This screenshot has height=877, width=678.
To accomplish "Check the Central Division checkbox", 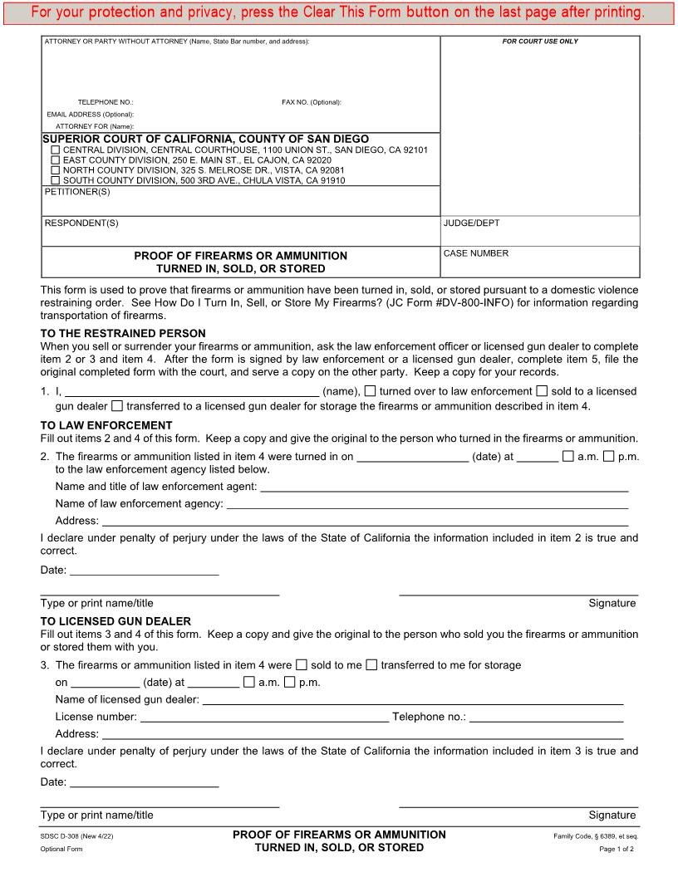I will [56, 150].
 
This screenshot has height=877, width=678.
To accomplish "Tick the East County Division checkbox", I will [56, 160].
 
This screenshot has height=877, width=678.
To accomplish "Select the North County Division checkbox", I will [56, 170].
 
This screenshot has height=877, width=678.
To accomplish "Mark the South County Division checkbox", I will [56, 180].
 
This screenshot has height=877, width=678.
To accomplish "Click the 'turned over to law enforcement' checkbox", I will [371, 391].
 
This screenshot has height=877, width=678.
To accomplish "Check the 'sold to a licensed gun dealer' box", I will [542, 391].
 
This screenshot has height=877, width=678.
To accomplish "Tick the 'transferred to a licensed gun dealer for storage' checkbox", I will [116, 406].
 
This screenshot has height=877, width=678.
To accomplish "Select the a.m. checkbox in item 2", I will [568, 456].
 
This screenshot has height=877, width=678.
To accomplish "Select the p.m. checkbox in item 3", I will [290, 683].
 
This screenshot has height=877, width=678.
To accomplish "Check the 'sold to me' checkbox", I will [302, 664].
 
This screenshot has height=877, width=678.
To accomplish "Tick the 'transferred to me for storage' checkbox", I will [372, 664].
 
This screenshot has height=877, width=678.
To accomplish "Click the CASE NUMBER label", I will [475, 254].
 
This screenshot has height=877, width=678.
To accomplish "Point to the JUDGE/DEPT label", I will [471, 223].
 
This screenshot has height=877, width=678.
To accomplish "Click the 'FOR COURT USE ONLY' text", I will [540, 42].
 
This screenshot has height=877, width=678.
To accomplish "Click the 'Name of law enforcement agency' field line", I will [427, 504].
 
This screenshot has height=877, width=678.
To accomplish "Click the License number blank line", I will [263, 717].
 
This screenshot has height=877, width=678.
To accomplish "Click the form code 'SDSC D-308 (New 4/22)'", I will [76, 835].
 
